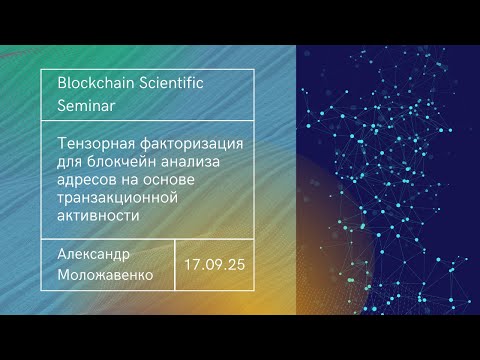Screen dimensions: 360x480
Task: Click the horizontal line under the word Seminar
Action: pos(149,121)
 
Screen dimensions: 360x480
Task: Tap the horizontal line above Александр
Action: pos(149,238)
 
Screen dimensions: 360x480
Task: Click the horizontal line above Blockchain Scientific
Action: pos(149,70)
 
